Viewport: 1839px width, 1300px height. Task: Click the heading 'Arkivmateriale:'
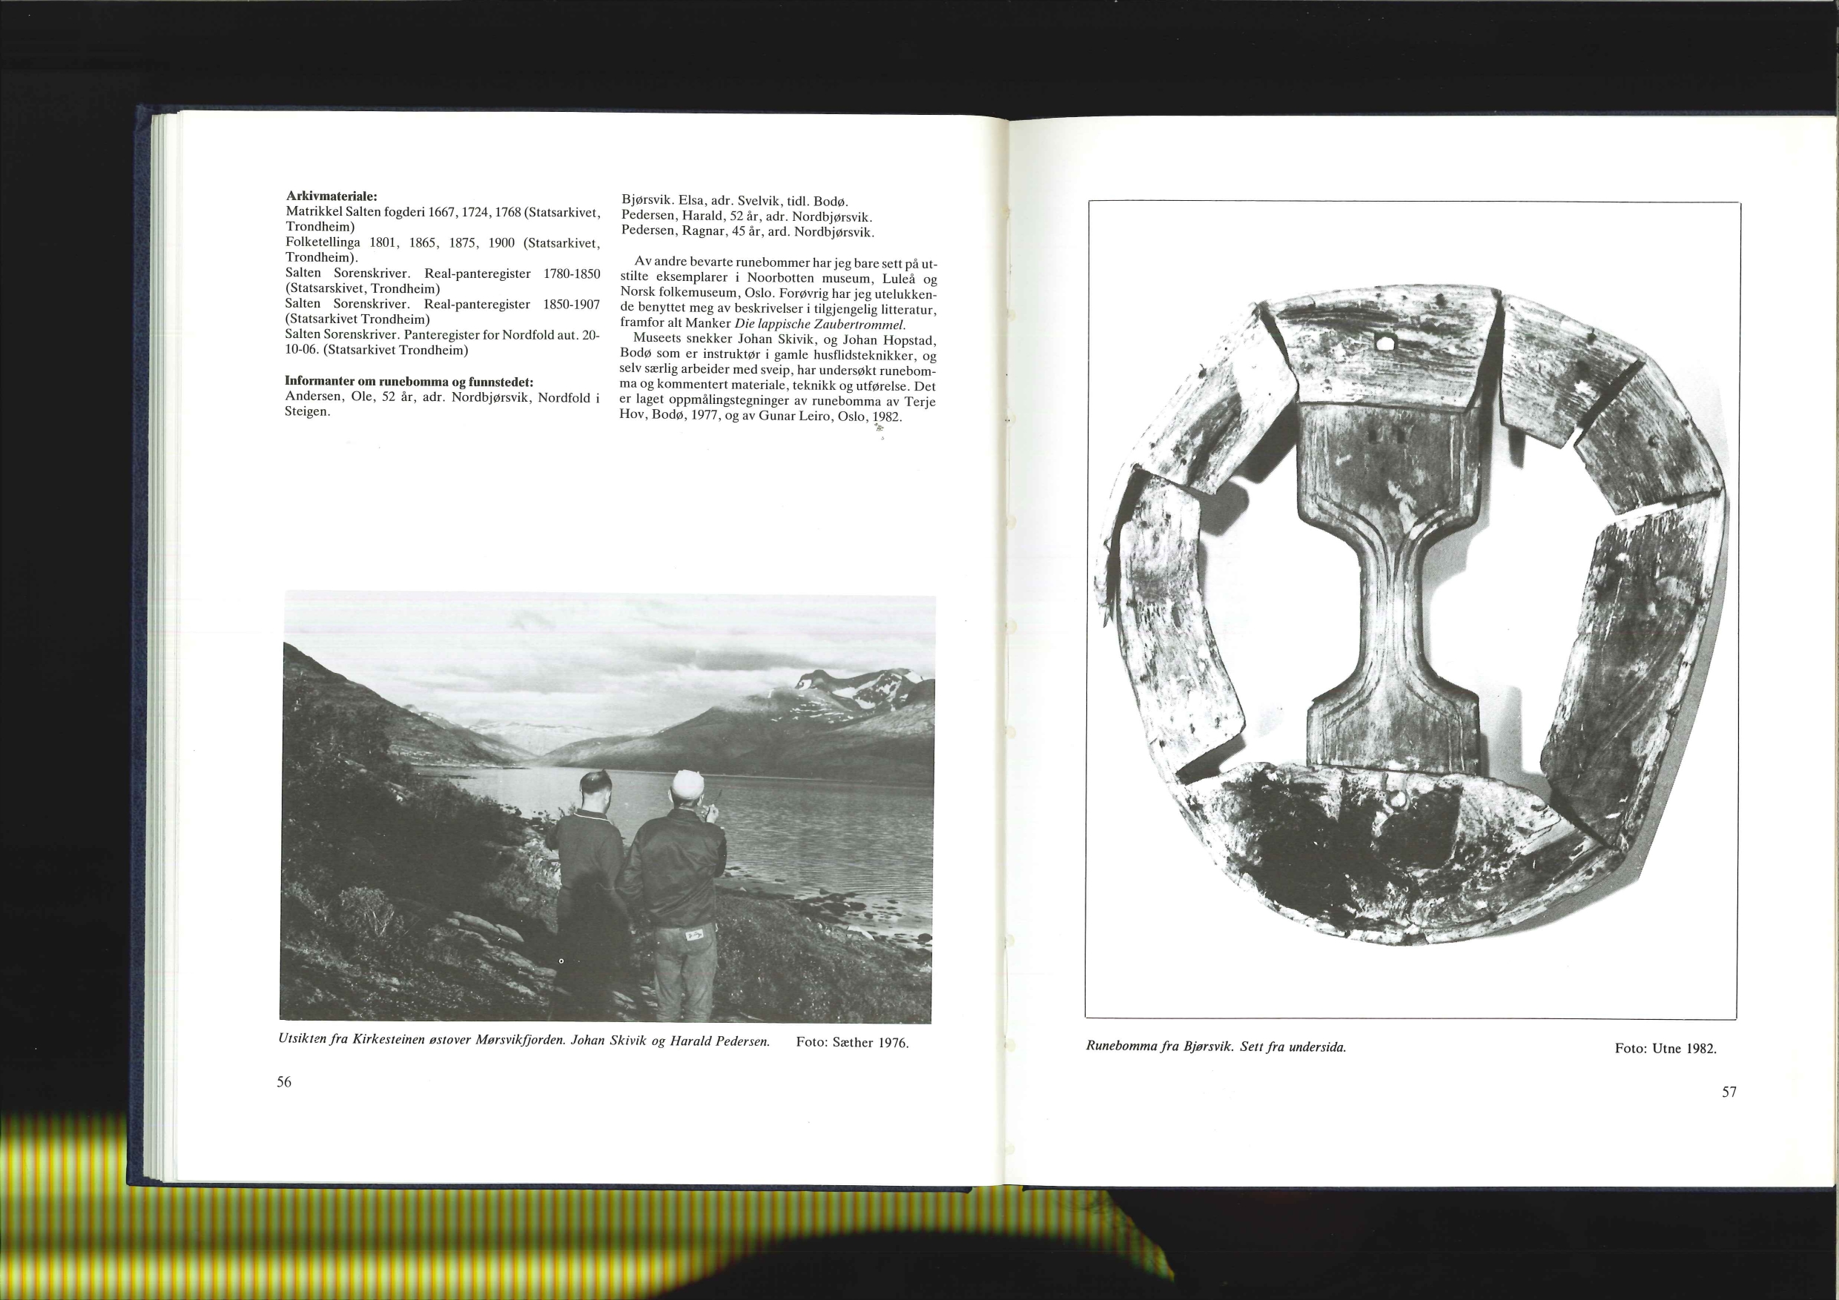point(331,196)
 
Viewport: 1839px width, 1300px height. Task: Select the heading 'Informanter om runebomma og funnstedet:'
point(409,381)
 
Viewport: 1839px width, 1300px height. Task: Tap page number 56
point(284,1082)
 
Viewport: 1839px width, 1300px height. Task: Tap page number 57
point(1729,1092)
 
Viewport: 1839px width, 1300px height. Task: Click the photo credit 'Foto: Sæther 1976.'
point(852,1043)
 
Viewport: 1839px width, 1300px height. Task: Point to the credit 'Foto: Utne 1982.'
point(1666,1049)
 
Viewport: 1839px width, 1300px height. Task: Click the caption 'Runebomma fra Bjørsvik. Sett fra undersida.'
point(1216,1047)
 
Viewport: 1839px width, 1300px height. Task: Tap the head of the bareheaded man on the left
point(595,789)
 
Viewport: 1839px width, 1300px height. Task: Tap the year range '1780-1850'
point(571,273)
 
